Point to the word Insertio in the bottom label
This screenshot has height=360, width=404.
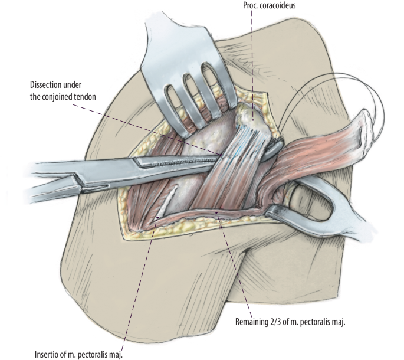[x=48, y=354]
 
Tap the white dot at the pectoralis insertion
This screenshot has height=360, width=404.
[x=157, y=220]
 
